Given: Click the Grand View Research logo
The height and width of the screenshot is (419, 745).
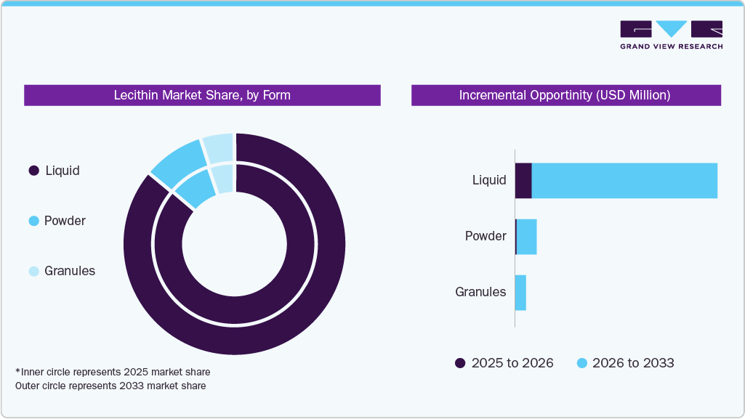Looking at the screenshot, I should [671, 35].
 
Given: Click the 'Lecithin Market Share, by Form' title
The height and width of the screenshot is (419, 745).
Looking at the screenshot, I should [202, 95].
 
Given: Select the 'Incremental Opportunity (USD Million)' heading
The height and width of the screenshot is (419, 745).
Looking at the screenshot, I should [565, 95].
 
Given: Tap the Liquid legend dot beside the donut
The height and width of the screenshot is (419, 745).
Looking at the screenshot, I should [33, 171].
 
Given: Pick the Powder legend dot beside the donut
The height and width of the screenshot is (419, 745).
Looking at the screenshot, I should [33, 221].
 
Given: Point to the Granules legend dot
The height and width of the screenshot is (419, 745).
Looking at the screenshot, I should [33, 271].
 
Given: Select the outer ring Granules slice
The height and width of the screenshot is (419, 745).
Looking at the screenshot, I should [219, 147].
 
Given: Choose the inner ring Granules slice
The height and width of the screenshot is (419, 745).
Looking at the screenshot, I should [225, 179].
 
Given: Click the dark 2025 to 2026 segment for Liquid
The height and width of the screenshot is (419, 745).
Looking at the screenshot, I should [523, 180].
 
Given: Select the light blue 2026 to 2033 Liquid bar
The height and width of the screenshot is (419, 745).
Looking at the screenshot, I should [624, 180].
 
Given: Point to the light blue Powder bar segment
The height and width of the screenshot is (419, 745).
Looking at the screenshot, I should [526, 237].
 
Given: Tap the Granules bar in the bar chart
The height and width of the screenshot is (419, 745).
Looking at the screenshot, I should [520, 293].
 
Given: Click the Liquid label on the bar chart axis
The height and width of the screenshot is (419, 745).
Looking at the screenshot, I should [488, 180].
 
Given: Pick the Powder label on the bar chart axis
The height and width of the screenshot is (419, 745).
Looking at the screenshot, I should [486, 236].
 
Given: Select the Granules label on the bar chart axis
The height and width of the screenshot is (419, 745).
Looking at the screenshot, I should [480, 292].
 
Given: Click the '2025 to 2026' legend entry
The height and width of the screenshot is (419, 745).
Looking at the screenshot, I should [504, 363].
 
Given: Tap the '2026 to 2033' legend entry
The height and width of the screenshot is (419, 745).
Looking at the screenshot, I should [625, 363].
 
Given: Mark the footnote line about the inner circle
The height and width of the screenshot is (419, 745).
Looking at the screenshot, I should [113, 372].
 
